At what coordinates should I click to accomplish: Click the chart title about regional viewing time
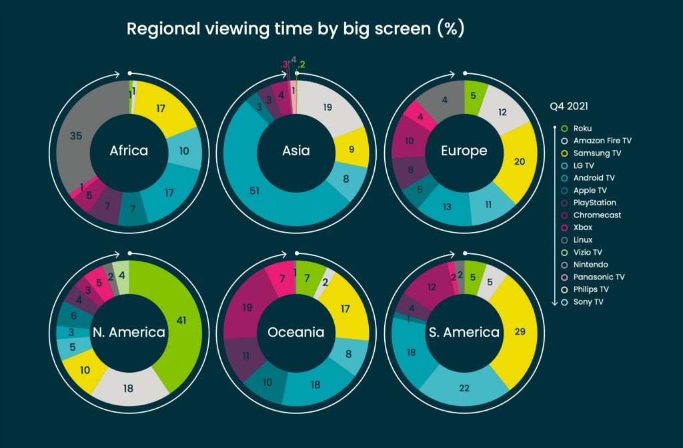tap(295, 29)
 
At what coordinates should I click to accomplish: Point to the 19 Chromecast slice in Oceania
tap(247, 308)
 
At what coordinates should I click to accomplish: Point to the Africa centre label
tap(129, 151)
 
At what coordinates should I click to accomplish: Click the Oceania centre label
tap(296, 332)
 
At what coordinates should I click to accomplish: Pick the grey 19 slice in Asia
tap(328, 107)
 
